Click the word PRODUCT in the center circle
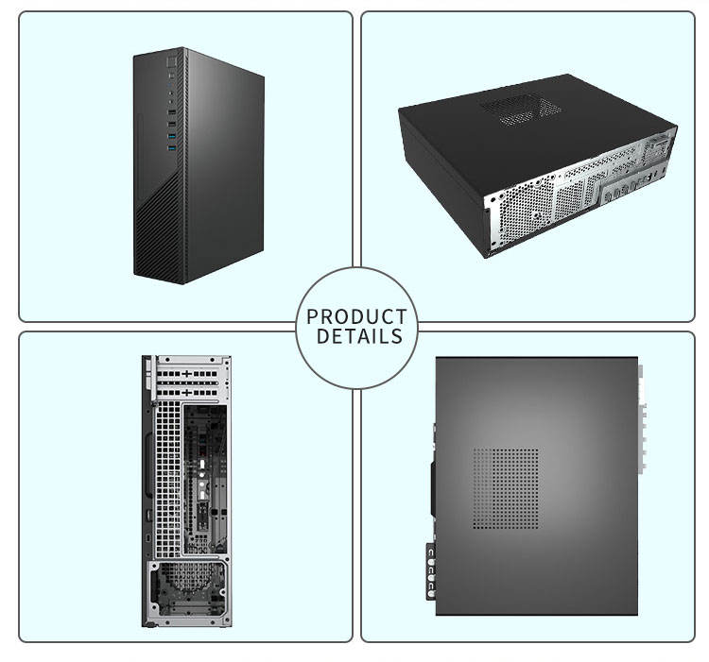click(x=356, y=317)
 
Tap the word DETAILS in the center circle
click(x=359, y=337)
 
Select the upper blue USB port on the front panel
click(x=171, y=138)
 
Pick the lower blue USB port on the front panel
click(x=171, y=148)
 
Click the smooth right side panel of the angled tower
click(x=225, y=161)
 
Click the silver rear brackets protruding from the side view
click(x=643, y=420)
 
